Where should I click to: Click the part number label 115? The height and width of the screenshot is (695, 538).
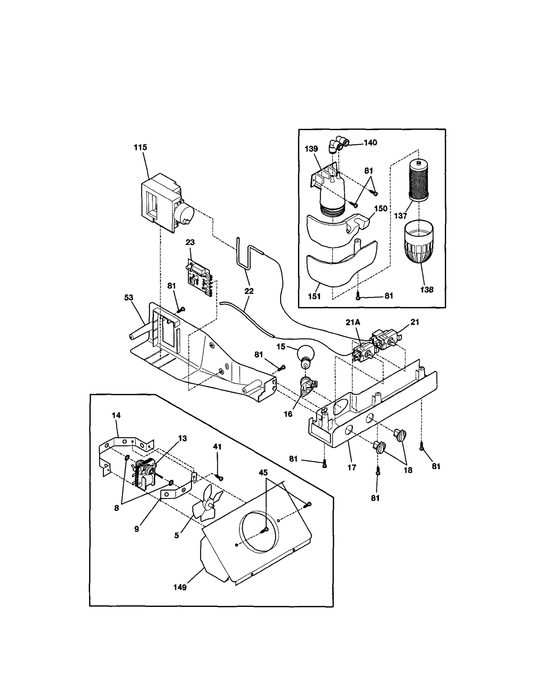140,147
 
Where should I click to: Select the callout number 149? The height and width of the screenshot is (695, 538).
180,587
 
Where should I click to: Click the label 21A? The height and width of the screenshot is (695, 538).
353,322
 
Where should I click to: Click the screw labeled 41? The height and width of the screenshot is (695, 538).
220,478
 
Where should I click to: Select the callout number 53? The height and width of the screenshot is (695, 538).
128,298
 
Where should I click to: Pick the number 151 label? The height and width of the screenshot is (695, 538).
314,297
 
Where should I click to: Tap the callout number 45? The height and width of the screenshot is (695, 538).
263,473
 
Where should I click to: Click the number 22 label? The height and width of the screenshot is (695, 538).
249,291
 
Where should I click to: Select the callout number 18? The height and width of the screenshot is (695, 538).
408,470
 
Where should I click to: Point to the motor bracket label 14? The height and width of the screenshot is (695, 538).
116,415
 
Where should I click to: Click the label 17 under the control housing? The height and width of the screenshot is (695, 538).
352,467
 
